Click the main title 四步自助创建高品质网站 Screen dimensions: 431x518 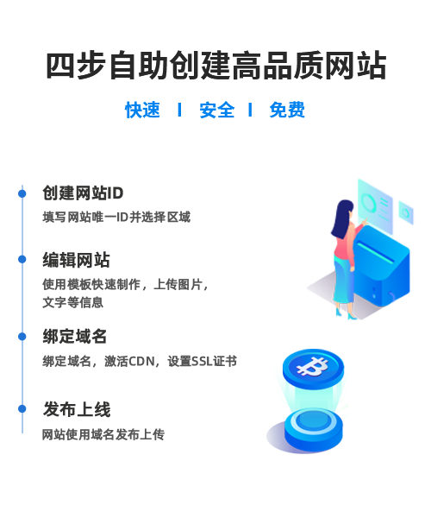216,66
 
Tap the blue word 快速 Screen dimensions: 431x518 142,110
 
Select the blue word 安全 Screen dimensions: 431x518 217,110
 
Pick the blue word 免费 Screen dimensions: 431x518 287,110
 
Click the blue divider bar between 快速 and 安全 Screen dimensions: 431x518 179,110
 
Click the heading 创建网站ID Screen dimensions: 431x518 83,193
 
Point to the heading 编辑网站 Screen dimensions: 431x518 76,260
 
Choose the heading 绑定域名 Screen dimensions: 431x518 74,337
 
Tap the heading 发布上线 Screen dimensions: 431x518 77,409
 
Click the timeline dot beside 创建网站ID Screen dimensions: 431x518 22,193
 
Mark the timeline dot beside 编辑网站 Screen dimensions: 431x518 22,259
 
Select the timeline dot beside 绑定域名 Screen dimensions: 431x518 22,337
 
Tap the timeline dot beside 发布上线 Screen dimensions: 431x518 22,409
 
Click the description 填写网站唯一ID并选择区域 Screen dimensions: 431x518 116,218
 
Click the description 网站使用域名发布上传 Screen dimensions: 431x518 103,435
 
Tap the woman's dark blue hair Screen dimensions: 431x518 341,218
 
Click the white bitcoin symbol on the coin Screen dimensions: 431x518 312,366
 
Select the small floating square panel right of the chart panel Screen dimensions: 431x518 406,212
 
